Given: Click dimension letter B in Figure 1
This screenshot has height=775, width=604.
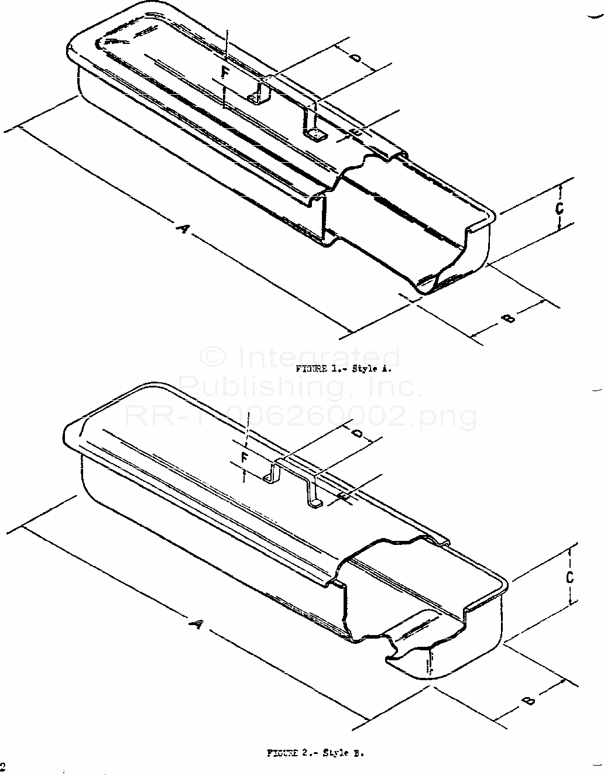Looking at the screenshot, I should point(508,318).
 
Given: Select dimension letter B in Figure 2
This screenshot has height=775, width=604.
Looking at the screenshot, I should point(528,700).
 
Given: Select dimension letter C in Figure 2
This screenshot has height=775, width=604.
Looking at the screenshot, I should point(569,577).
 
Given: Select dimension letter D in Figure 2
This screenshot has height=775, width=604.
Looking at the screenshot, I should point(358,434).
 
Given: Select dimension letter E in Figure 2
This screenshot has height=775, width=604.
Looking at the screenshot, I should point(344,497).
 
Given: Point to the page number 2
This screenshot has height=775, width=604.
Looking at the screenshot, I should point(2,767).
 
